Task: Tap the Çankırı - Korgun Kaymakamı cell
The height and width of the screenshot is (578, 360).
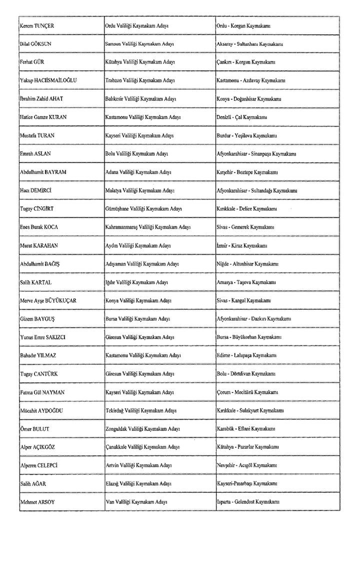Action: [245, 62]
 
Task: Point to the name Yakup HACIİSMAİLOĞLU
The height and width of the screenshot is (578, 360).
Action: [48, 80]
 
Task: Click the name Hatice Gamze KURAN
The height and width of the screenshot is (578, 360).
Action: [43, 117]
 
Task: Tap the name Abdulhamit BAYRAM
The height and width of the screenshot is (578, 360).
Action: [43, 172]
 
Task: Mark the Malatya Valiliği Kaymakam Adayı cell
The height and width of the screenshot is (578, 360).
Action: [139, 190]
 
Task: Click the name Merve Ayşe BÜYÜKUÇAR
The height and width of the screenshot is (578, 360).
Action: [48, 300]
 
